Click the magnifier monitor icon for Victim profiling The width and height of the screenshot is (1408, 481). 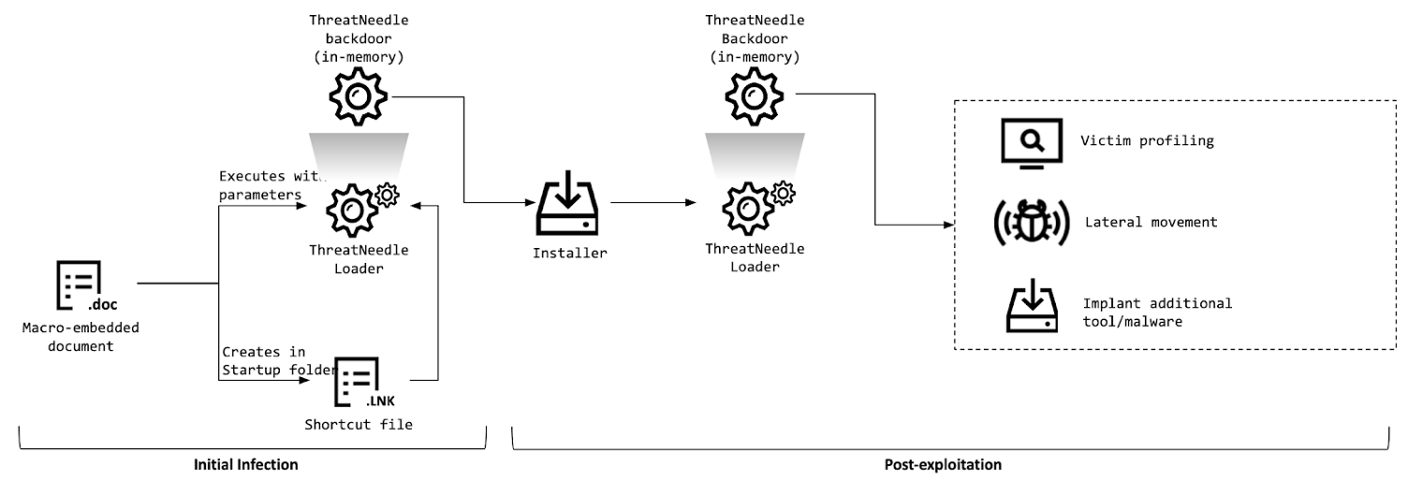point(1031,142)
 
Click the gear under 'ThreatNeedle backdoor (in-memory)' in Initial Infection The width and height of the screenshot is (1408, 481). point(358,96)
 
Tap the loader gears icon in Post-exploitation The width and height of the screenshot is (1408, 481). point(754,208)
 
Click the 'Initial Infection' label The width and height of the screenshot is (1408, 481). point(245,464)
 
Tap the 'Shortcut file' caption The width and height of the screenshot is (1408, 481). point(359,424)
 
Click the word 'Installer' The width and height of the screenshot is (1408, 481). point(568,253)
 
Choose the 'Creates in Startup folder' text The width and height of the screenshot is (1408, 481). point(278,360)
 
